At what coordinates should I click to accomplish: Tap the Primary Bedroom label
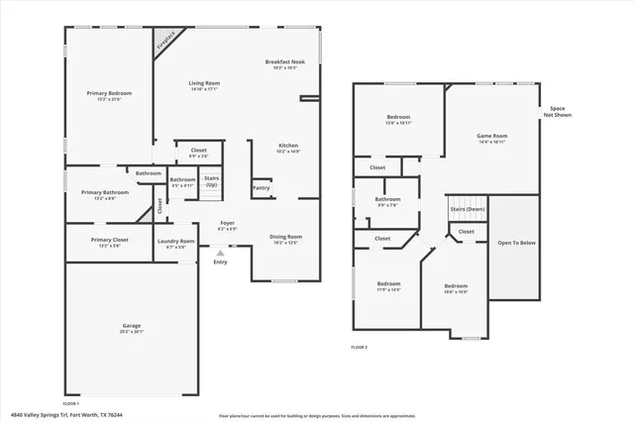pyautogui.click(x=109, y=95)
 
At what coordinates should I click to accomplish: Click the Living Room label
pyautogui.click(x=204, y=85)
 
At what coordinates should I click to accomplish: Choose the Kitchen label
pyautogui.click(x=287, y=148)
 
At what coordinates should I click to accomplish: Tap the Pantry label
pyautogui.click(x=262, y=187)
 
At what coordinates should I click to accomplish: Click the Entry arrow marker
pyautogui.click(x=220, y=253)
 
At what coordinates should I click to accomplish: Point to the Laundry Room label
pyautogui.click(x=175, y=243)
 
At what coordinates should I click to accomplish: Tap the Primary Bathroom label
pyautogui.click(x=105, y=195)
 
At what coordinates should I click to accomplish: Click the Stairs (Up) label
pyautogui.click(x=211, y=181)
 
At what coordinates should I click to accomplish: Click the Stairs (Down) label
pyautogui.click(x=468, y=209)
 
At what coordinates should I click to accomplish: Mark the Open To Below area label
pyautogui.click(x=517, y=242)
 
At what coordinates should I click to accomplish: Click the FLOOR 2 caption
pyautogui.click(x=359, y=347)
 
